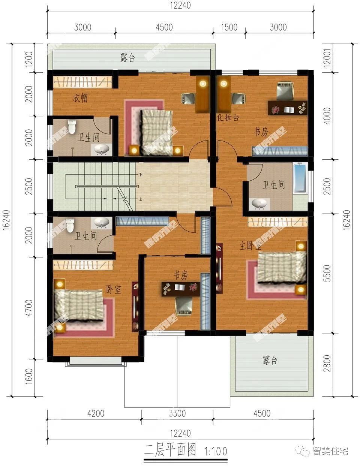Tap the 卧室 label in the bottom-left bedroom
click(114, 289)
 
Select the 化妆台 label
click(228, 117)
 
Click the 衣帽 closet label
click(80, 99)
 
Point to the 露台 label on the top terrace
click(127, 58)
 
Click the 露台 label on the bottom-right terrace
click(270, 361)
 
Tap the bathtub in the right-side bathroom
click(299, 178)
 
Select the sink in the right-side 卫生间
click(260, 204)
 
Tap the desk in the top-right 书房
click(287, 109)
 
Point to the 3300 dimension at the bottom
click(177, 414)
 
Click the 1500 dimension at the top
click(229, 27)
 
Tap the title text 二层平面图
click(171, 451)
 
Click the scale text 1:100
click(216, 451)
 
